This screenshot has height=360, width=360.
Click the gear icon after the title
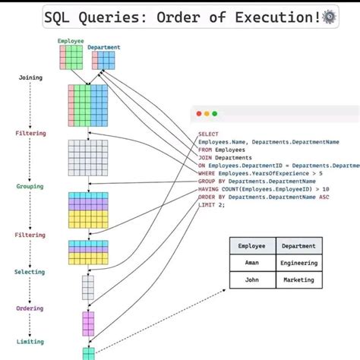click(330, 16)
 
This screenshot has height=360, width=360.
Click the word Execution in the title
click(277, 17)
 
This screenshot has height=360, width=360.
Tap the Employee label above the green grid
click(71, 40)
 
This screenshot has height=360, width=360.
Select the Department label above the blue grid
click(103, 47)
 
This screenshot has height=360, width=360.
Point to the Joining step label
click(30, 77)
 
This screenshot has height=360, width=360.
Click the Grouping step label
click(30, 186)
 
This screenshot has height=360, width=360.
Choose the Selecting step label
click(30, 272)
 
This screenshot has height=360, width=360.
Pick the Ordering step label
click(30, 308)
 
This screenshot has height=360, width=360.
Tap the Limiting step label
click(30, 343)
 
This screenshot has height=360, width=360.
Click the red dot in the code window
click(199, 113)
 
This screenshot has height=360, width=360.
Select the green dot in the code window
click(215, 113)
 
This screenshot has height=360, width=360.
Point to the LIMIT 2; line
click(212, 205)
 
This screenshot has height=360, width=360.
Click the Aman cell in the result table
click(251, 262)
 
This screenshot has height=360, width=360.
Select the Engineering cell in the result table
click(298, 262)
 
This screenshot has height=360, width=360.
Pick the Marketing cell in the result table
click(298, 279)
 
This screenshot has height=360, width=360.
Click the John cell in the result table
click(251, 279)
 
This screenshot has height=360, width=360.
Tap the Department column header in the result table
click(298, 245)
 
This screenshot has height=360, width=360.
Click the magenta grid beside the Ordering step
click(88, 323)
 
